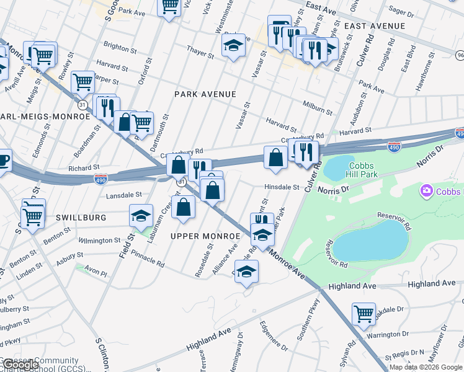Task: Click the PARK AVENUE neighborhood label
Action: pos(205,94)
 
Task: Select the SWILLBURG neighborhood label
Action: pos(81,218)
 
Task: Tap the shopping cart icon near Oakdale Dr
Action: pos(364,313)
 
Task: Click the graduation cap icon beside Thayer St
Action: pos(233,45)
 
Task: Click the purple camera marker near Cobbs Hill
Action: pos(427,190)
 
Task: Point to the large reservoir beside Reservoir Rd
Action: pos(370,241)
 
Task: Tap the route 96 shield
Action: pos(460,55)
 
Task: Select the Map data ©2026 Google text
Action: pos(425,367)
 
